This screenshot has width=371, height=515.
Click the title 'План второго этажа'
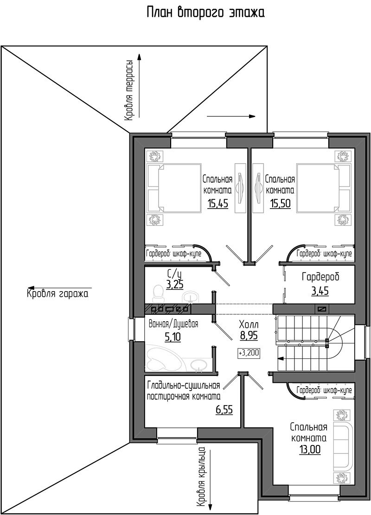click(x=205, y=13)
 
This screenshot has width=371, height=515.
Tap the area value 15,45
click(x=217, y=203)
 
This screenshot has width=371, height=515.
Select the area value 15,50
click(x=280, y=203)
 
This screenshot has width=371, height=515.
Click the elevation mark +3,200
click(x=249, y=353)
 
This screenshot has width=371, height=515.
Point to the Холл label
click(x=249, y=325)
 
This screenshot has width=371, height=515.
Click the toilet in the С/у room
click(x=159, y=293)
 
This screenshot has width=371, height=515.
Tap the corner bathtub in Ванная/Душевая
click(x=163, y=359)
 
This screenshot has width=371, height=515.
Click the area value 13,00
click(x=310, y=449)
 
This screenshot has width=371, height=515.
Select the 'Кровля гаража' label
click(x=58, y=293)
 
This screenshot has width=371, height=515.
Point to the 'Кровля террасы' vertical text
click(x=128, y=90)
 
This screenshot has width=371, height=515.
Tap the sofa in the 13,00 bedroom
click(x=343, y=447)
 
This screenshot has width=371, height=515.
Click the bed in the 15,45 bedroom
click(x=174, y=189)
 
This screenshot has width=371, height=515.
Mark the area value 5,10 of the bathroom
click(x=173, y=337)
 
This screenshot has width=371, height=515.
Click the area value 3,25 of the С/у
click(x=175, y=285)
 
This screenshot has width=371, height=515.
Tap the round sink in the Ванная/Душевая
click(x=198, y=365)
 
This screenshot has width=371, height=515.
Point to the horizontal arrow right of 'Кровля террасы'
click(x=231, y=116)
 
